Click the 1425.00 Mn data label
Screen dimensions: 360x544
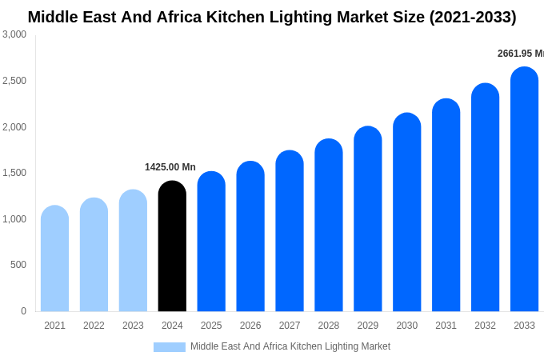(170, 167)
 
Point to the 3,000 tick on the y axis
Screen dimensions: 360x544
(14, 34)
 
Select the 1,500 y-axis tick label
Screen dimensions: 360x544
(14, 173)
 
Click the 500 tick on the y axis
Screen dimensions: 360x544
(18, 265)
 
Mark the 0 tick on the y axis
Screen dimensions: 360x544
(23, 311)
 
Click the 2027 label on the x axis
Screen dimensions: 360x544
(290, 326)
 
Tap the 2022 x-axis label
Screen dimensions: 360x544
(94, 326)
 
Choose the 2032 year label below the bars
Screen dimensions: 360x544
(485, 326)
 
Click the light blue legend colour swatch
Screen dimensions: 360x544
(169, 347)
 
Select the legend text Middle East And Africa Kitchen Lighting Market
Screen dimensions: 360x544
(290, 346)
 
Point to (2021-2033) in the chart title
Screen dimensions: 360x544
(472, 17)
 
